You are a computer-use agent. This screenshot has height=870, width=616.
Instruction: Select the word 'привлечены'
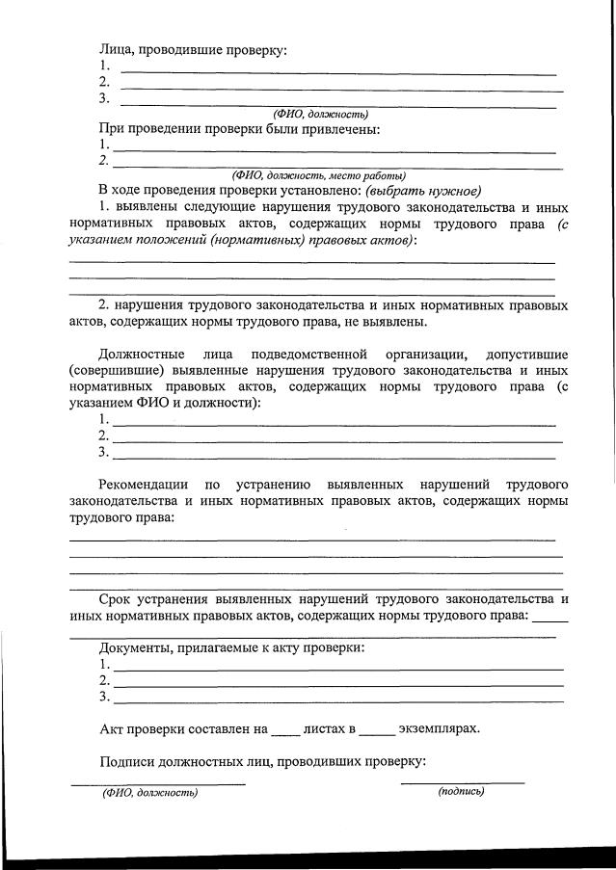tap(343, 129)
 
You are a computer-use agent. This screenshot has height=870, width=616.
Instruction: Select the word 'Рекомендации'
tap(144, 483)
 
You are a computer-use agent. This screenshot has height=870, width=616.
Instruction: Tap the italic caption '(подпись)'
tap(461, 791)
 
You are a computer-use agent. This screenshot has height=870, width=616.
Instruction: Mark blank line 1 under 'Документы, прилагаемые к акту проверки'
tap(337, 668)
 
